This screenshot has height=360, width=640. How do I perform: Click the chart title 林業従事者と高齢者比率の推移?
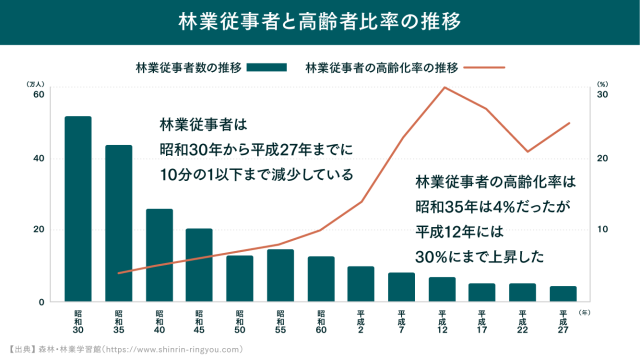320,21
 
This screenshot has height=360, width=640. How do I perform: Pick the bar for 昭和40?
159,254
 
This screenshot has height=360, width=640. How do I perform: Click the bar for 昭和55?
280,275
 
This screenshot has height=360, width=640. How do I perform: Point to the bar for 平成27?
563,293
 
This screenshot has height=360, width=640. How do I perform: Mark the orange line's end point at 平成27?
569,123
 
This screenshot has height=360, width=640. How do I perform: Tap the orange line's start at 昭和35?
119,273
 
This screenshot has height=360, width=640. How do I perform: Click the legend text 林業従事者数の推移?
188,68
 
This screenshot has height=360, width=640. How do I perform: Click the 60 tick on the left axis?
39,95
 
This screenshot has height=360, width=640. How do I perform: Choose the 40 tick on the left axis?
39,159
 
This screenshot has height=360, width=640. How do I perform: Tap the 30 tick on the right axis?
602,95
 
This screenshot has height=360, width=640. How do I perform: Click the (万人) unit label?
35,84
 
